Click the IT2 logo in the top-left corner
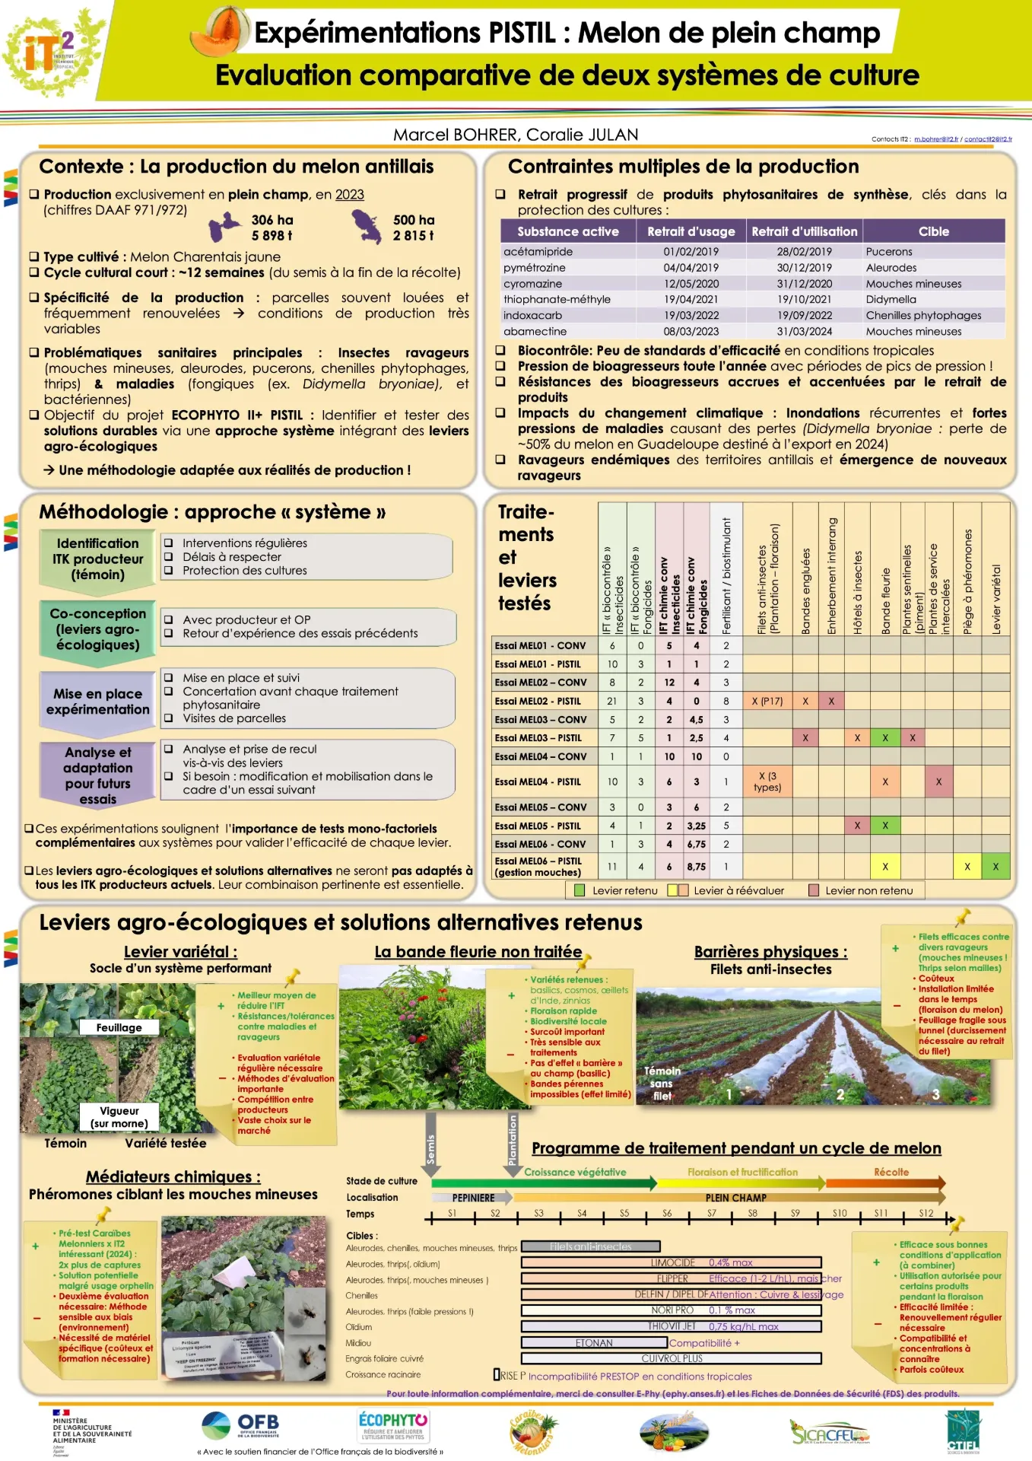tap(50, 51)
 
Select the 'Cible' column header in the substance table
tap(933, 231)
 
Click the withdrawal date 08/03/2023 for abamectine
tap(691, 331)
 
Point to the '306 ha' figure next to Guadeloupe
tap(272, 220)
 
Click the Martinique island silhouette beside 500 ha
tap(367, 227)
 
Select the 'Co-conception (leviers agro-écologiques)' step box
tap(97, 629)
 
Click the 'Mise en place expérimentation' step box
tap(97, 702)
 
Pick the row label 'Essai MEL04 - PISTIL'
tap(538, 781)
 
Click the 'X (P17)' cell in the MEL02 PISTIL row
tap(767, 701)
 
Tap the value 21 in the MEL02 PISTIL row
tap(611, 701)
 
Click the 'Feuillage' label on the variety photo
tap(119, 1027)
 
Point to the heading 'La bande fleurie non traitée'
tap(478, 952)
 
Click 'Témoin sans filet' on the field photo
tap(662, 1083)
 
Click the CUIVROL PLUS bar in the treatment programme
tap(671, 1358)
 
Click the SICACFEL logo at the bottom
tap(828, 1433)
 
